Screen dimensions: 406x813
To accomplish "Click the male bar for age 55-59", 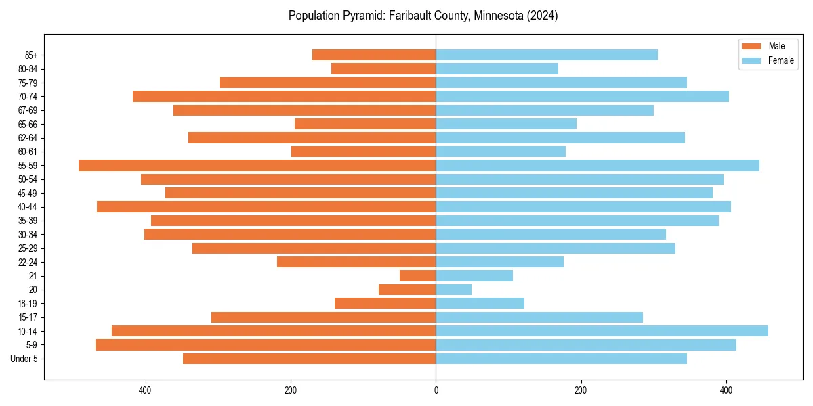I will click(257, 165).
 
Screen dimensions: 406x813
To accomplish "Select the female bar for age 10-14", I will click(602, 331).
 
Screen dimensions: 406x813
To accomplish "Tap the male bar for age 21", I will click(418, 275).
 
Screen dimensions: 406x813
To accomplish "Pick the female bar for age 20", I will click(453, 290).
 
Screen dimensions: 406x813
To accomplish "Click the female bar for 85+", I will click(547, 55).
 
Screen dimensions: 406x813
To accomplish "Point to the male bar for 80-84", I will click(383, 68).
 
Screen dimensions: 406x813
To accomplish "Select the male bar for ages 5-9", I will click(266, 344).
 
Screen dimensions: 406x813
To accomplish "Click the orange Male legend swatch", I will click(751, 46).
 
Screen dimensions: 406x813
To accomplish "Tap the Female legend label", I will click(780, 60).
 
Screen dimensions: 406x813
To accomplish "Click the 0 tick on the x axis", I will click(436, 390).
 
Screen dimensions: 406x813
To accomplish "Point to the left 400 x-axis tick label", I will click(145, 390).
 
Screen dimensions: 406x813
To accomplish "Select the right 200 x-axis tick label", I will click(581, 390).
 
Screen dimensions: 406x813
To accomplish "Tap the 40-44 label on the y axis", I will click(27, 207).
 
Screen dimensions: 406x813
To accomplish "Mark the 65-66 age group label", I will click(27, 124).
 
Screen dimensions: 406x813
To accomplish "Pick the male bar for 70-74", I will click(285, 96).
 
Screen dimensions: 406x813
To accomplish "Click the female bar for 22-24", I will click(499, 262).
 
